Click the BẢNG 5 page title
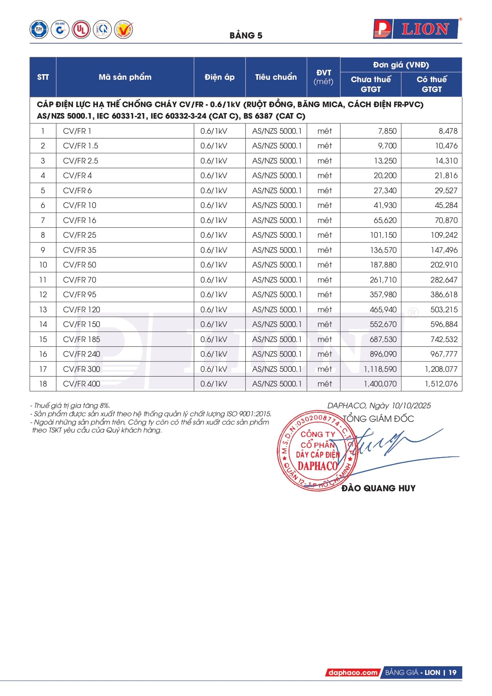tap(246, 35)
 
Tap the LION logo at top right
tap(416, 29)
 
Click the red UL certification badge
tap(81, 29)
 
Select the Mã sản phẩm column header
tap(125, 77)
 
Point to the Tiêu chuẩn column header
tap(276, 77)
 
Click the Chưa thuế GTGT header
tap(371, 84)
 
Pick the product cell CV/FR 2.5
tap(80, 161)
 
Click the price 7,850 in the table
tap(387, 131)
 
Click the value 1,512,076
tap(441, 384)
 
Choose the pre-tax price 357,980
tap(383, 294)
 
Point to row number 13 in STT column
tap(43, 310)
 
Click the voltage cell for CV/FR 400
tap(214, 384)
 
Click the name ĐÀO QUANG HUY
tap(378, 488)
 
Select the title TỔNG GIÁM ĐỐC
tap(378, 419)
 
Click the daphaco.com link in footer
tap(352, 673)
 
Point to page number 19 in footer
tap(452, 673)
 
